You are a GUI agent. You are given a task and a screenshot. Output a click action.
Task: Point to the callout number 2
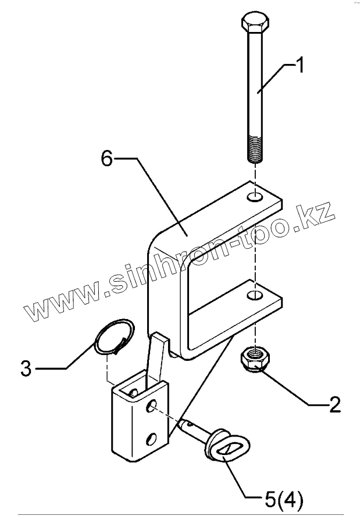coord(334,404)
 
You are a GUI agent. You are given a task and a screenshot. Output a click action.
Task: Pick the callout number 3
coord(26,368)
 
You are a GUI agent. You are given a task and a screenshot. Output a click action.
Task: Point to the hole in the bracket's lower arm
coord(254,296)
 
